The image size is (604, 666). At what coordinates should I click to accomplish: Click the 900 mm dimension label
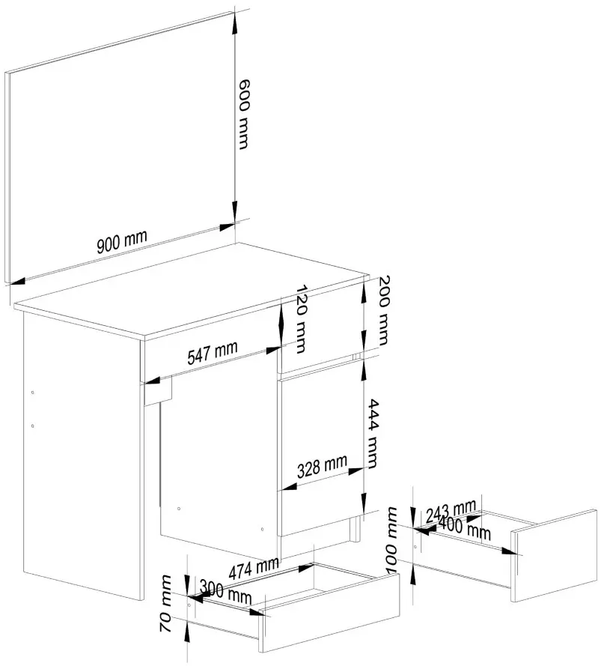[122, 241]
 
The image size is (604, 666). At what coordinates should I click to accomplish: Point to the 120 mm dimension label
[301, 318]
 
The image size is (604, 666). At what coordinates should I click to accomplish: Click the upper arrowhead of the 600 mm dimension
[235, 19]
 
